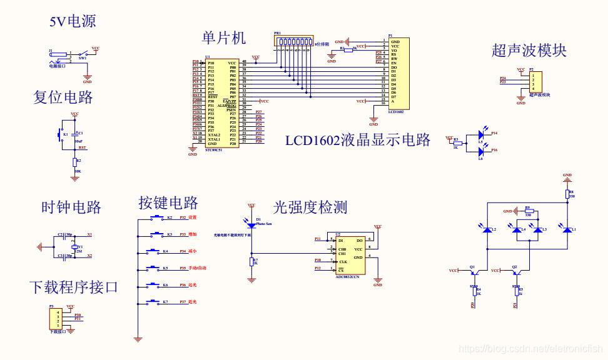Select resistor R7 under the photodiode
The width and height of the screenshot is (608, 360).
[251, 261]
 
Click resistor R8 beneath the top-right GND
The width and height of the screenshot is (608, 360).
[567, 195]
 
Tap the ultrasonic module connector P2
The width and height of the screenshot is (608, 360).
[535, 81]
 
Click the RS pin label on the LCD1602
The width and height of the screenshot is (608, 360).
[394, 54]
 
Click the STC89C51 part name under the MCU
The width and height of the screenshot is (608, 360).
[215, 151]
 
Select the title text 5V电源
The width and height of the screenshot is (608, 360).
[73, 21]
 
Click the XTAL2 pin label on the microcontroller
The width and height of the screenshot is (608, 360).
[215, 134]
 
